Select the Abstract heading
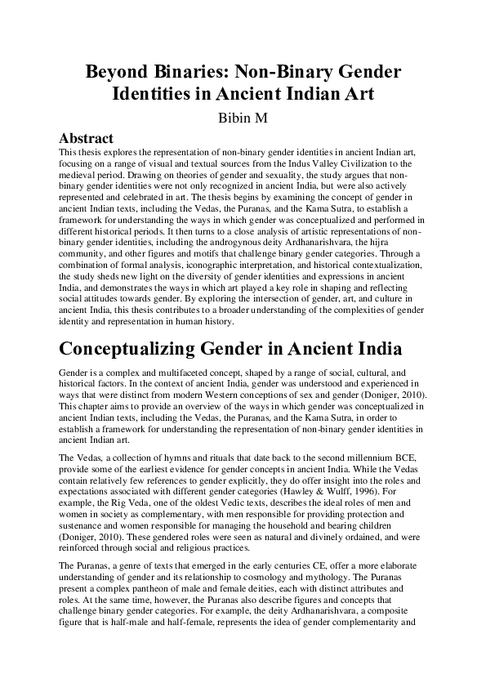pyautogui.click(x=87, y=138)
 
